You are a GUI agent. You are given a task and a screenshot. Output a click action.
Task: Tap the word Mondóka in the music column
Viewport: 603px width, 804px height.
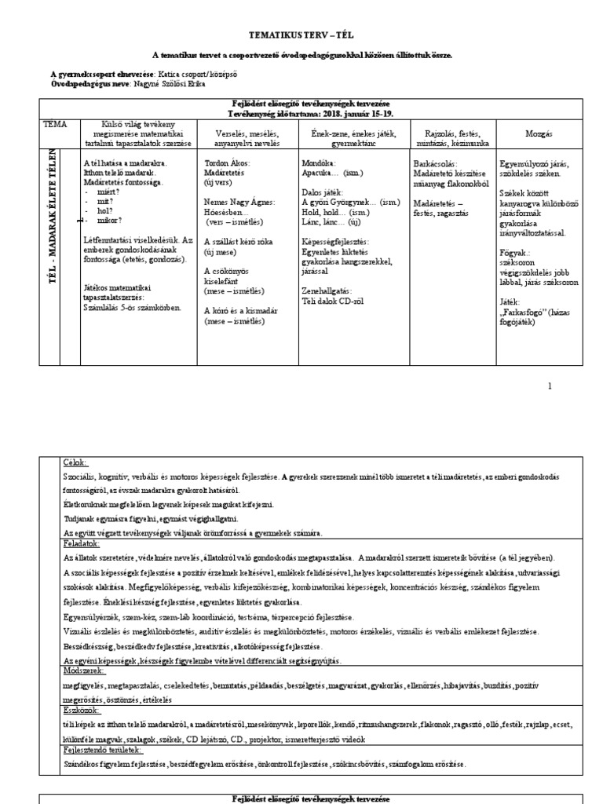tap(319, 163)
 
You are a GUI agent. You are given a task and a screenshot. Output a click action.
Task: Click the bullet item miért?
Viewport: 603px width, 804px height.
tap(104, 192)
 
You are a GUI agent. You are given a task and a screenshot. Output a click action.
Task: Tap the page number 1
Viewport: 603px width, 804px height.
tap(550, 386)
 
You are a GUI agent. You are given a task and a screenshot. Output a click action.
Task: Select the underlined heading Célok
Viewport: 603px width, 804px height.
tap(75, 463)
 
